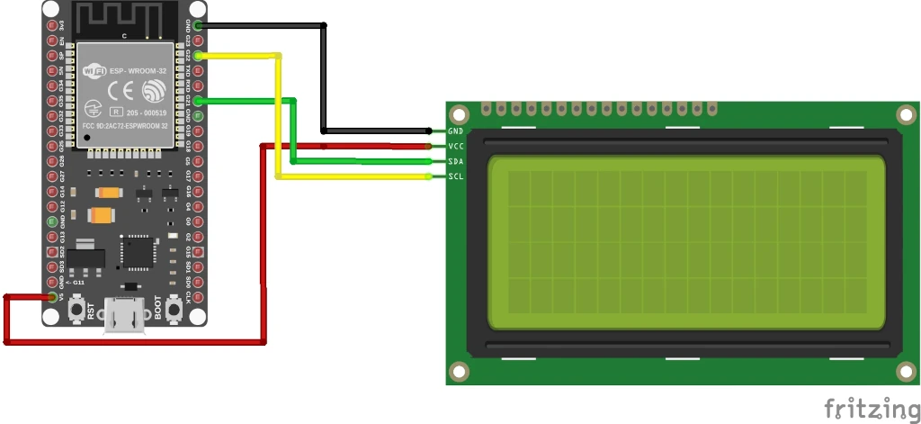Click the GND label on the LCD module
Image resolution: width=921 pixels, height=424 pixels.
click(455, 131)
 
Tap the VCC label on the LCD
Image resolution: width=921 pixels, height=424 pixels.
click(455, 146)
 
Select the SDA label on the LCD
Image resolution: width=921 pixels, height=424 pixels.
click(455, 161)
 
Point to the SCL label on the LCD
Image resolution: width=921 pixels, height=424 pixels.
click(455, 176)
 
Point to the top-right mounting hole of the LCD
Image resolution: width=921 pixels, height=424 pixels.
click(907, 115)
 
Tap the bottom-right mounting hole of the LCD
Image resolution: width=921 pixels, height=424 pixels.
click(907, 370)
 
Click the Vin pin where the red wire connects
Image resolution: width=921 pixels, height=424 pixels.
click(52, 297)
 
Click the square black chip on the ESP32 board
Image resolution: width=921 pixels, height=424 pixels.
click(139, 252)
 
